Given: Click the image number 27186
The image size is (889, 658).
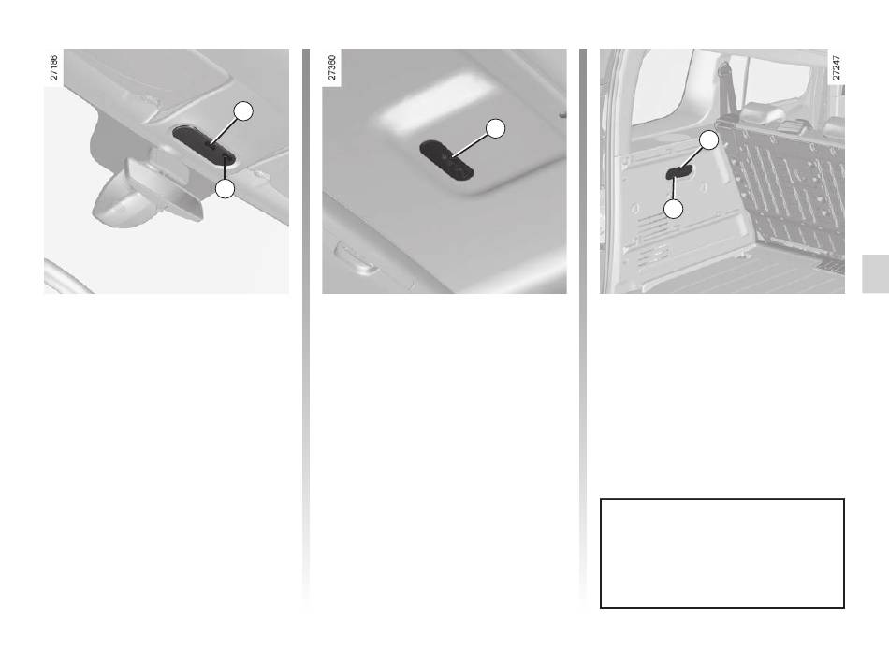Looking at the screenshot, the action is click(54, 67).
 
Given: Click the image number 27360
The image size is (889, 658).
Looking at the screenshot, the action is click(332, 67).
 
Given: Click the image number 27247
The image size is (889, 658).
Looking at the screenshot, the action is click(837, 67).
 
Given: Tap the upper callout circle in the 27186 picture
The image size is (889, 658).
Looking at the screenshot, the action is click(244, 111).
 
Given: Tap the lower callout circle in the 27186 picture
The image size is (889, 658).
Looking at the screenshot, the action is click(226, 189).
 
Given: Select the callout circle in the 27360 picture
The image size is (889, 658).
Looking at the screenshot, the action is click(496, 129).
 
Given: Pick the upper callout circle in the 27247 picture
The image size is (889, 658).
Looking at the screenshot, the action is click(708, 140).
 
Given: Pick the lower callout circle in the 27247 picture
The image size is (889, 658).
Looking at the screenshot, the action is click(673, 210).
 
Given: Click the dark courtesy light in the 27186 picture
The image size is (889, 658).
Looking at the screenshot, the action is click(204, 145).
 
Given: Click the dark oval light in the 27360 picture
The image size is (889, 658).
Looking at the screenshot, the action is click(446, 161).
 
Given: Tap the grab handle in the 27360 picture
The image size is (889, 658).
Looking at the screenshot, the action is click(357, 258).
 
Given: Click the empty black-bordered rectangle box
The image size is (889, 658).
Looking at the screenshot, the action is click(722, 499).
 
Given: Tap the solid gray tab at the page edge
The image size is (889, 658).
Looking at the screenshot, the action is click(875, 274).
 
